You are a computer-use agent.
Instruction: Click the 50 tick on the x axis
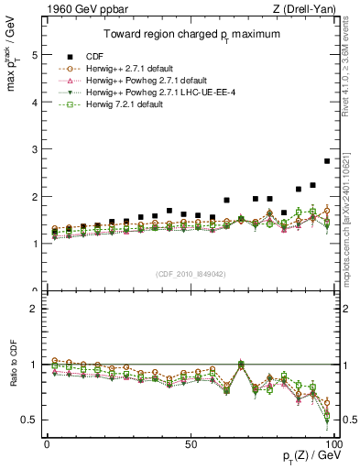coord(190,443)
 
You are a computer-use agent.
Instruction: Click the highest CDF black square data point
coord(327,161)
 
